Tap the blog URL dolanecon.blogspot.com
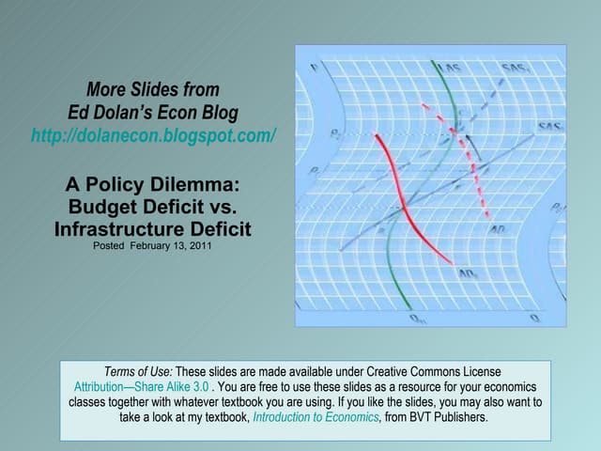(x=154, y=134)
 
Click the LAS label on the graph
(x=453, y=68)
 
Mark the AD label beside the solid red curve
(x=468, y=275)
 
